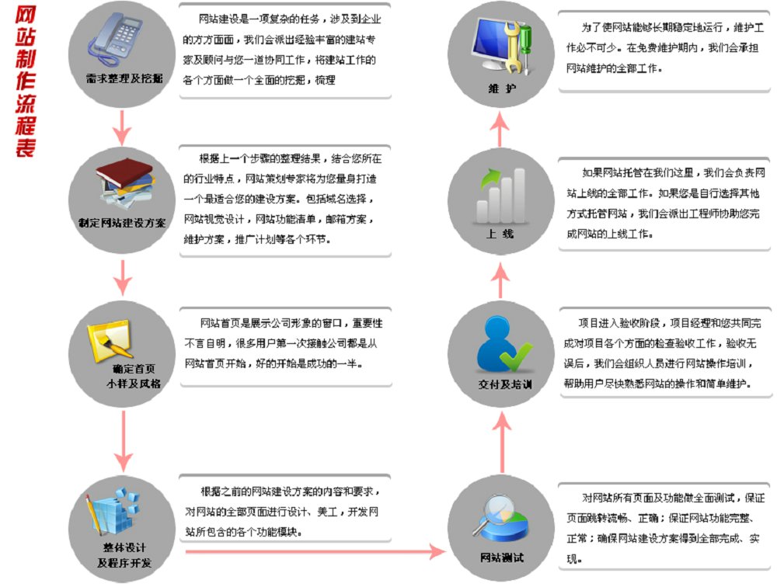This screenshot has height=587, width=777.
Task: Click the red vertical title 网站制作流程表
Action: click(x=25, y=82)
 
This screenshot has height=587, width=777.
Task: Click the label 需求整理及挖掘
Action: click(x=124, y=78)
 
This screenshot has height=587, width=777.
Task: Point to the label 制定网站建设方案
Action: click(x=122, y=223)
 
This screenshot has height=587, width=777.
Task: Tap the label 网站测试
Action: click(x=501, y=557)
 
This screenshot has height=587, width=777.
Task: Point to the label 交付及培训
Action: click(x=505, y=384)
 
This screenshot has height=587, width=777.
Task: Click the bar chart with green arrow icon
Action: click(x=500, y=195)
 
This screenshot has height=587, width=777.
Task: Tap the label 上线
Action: click(x=500, y=233)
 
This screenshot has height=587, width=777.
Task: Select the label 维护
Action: click(x=502, y=89)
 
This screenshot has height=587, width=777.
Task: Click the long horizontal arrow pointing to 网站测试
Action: click(x=315, y=551)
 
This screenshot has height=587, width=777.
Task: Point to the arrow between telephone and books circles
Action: click(x=122, y=128)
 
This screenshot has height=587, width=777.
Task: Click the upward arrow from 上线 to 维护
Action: click(x=500, y=129)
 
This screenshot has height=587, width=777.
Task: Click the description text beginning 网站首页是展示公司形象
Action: click(x=284, y=343)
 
